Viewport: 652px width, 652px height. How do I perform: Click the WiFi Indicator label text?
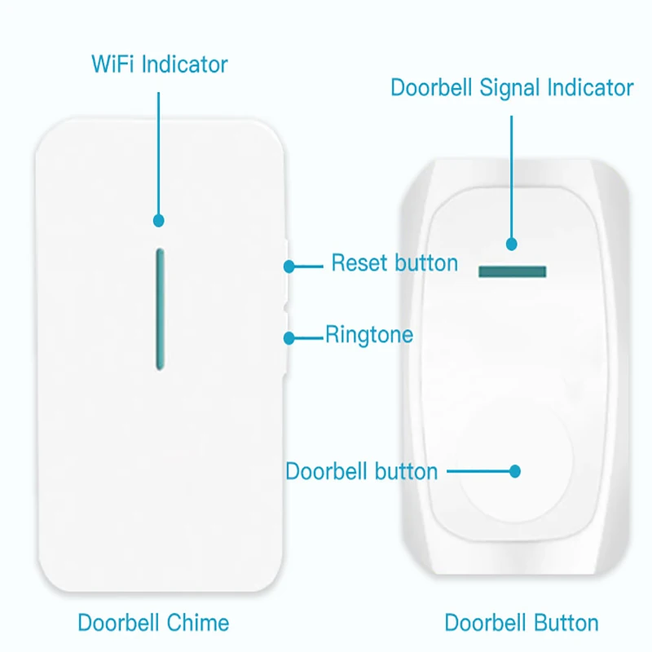[159, 64]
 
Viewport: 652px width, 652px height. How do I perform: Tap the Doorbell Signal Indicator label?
[512, 88]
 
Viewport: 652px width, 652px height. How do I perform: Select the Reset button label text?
[394, 263]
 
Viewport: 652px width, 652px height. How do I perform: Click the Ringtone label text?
[369, 334]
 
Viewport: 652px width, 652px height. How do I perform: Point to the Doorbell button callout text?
[361, 471]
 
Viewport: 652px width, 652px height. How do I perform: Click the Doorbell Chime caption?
[153, 623]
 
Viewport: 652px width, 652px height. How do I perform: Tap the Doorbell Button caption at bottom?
[522, 623]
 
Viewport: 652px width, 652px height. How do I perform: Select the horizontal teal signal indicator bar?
[513, 271]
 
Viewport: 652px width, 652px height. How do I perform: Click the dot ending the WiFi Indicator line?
[159, 220]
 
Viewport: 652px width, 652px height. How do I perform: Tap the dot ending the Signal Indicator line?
[512, 244]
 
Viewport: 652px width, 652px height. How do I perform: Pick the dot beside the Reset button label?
[289, 266]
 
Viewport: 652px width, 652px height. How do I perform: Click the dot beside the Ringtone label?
[289, 337]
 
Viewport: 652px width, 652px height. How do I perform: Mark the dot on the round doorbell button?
[514, 471]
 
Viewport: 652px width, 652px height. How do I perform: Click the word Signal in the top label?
[509, 88]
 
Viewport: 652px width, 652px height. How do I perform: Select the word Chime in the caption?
[196, 623]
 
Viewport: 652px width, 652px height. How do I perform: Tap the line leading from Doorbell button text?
[477, 471]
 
